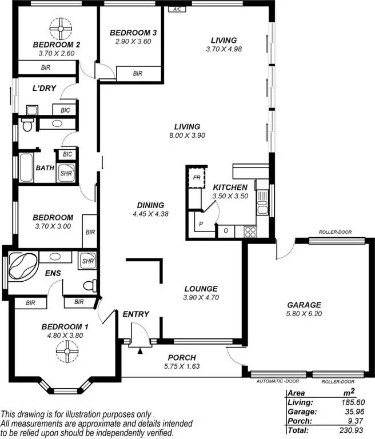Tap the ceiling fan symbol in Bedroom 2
point(59,27)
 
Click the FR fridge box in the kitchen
point(196,177)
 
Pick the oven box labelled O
point(226,231)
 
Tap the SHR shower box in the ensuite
point(87,261)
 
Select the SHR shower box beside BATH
point(66,175)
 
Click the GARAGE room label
point(304,305)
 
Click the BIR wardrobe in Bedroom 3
point(138,73)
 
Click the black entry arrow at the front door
point(139,351)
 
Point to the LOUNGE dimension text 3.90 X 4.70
point(201,297)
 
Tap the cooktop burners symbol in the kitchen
point(250,231)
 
